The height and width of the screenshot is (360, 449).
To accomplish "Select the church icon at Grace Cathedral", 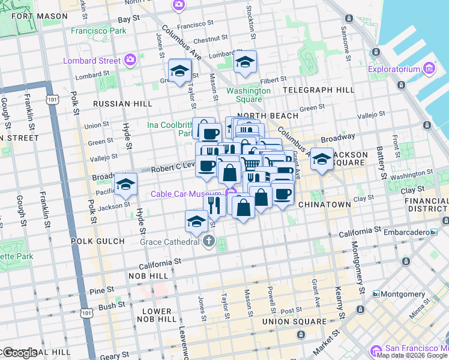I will click(208, 242).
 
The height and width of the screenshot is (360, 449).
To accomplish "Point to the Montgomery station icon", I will click(376, 294).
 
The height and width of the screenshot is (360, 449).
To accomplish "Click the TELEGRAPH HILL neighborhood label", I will click(319, 90).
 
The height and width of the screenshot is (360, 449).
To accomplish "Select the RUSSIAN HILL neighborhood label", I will click(122, 104).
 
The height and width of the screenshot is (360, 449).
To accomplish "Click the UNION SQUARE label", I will click(298, 322).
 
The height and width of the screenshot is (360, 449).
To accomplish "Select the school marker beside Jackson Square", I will click(322, 159).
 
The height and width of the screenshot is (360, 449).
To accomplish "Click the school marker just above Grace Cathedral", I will click(196, 222).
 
